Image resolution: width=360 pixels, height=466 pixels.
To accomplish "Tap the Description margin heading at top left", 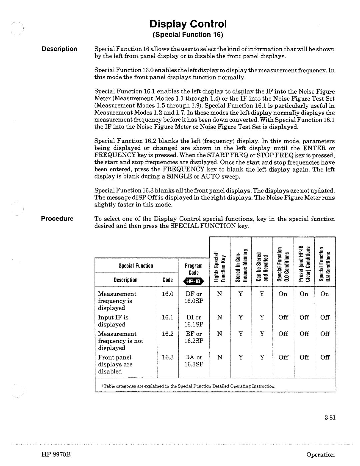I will [59, 49].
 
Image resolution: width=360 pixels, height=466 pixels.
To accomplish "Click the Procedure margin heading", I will [57, 219].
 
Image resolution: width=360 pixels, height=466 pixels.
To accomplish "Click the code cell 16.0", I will [168, 294].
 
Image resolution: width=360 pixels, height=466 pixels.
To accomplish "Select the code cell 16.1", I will [168, 317].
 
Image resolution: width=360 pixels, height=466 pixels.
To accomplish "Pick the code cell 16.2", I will [168, 334].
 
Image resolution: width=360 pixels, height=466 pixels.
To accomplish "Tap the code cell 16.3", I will [168, 357].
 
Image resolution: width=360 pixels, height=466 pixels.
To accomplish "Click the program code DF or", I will [194, 294].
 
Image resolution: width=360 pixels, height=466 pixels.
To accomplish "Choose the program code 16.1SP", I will [194, 324].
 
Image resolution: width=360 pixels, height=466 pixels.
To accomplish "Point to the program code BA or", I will [194, 357].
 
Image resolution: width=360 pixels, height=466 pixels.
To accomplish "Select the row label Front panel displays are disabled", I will [115, 364].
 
